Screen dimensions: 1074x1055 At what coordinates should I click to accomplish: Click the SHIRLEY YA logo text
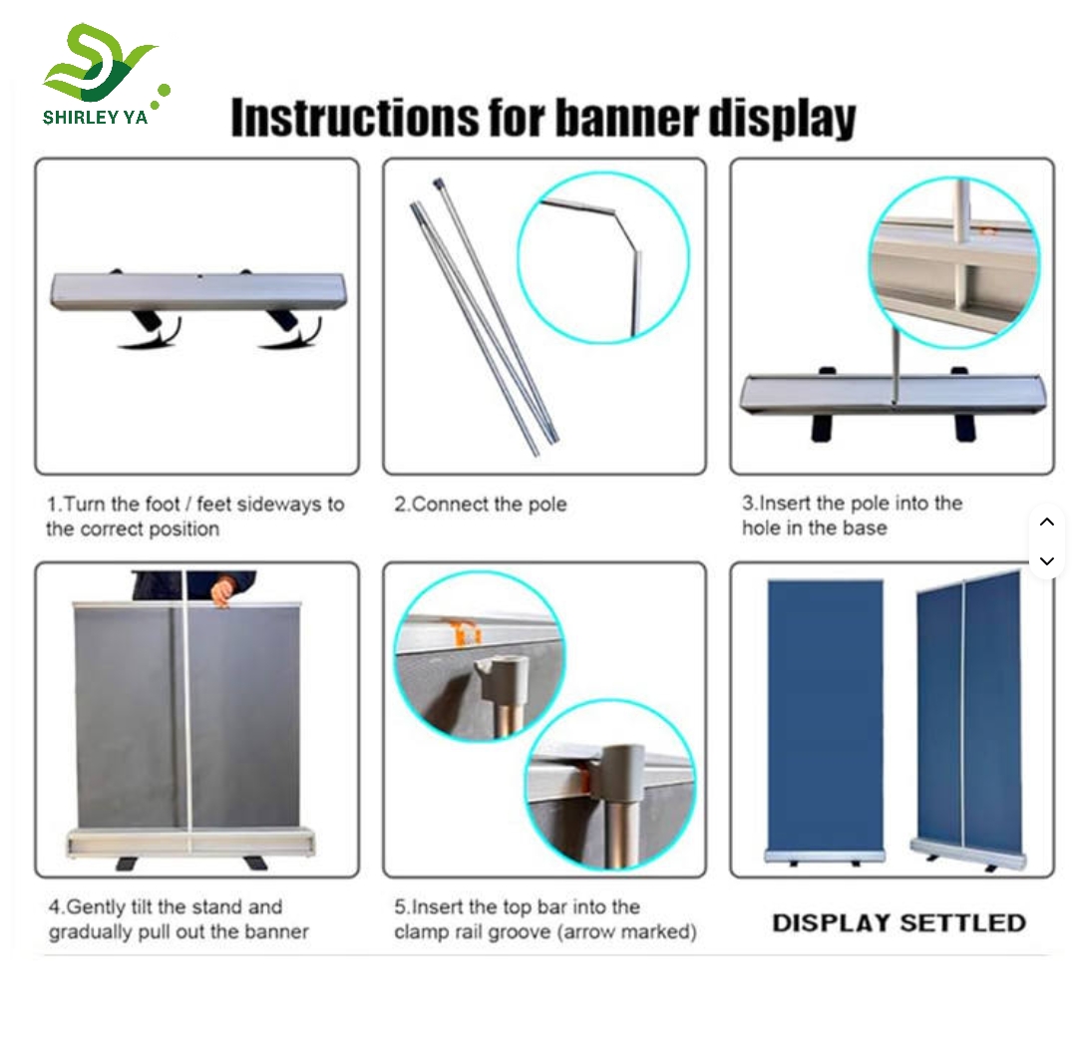[95, 117]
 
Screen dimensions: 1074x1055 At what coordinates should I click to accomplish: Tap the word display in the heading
[782, 119]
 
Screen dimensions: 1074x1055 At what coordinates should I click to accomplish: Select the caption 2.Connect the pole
[480, 505]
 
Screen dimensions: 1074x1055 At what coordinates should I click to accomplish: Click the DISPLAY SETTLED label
[898, 922]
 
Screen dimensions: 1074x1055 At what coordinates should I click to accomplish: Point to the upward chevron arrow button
[1047, 523]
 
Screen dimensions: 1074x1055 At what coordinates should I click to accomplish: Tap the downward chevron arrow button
[1047, 561]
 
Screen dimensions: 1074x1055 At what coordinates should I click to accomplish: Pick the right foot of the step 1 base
[290, 330]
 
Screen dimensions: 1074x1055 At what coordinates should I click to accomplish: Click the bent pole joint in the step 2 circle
[622, 222]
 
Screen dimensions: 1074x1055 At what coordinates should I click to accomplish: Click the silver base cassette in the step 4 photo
[190, 842]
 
